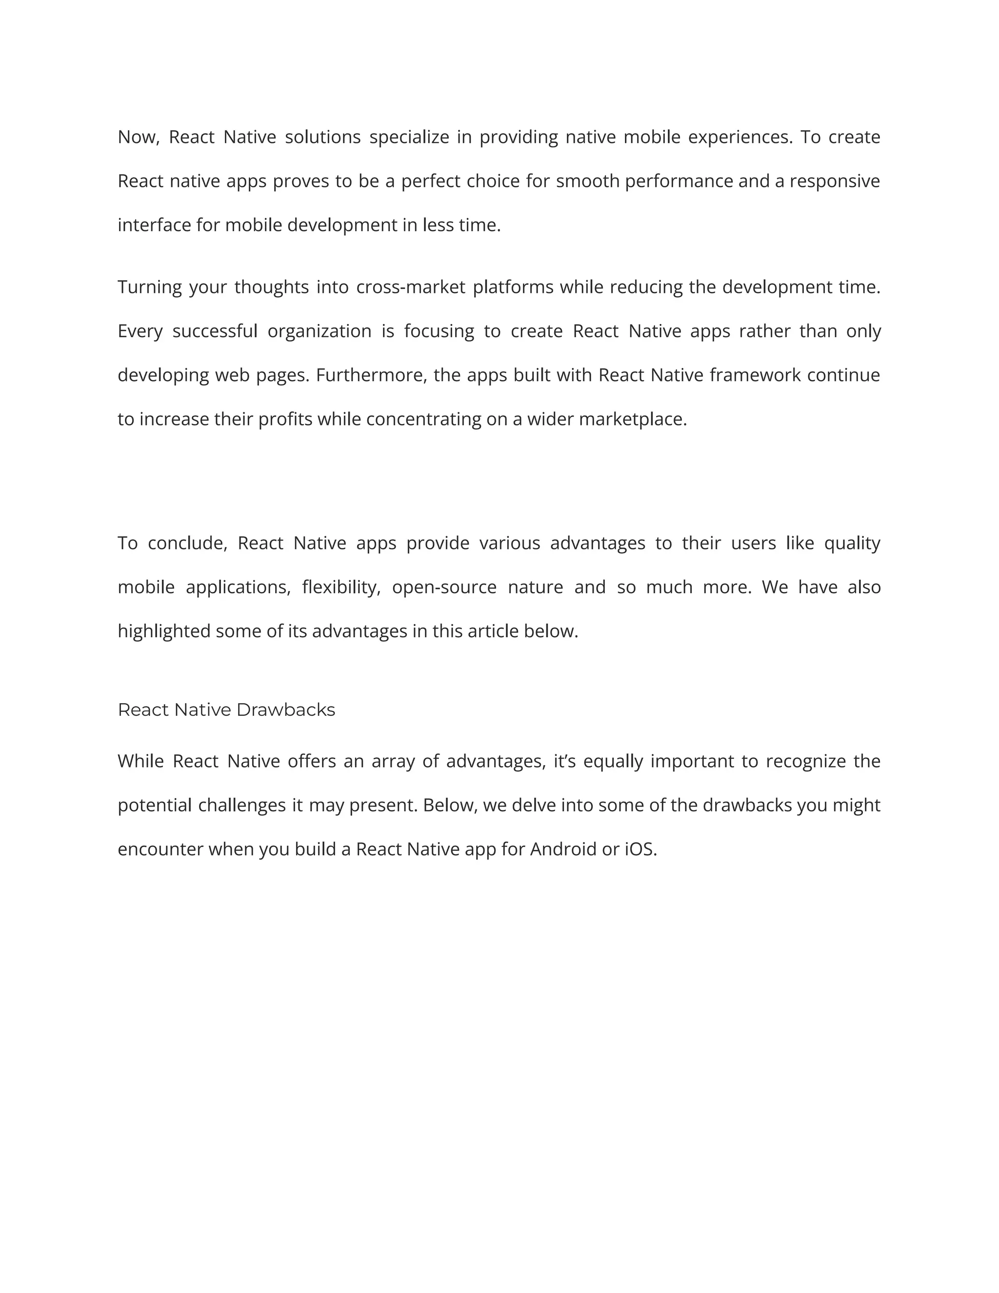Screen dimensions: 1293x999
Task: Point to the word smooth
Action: click(588, 181)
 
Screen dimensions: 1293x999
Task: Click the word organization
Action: click(320, 331)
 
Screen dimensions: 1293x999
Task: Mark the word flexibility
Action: click(341, 587)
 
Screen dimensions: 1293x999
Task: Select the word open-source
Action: click(444, 587)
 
